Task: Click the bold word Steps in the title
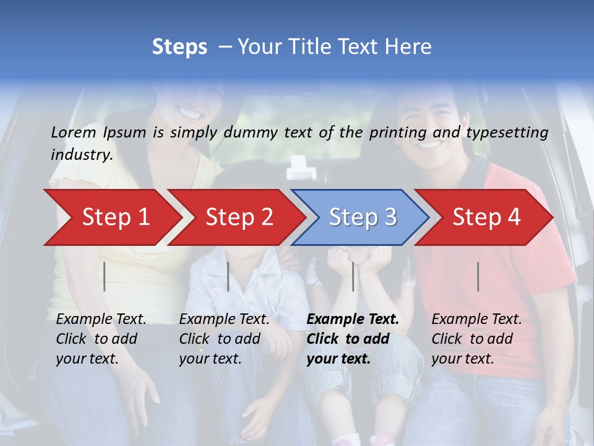(179, 47)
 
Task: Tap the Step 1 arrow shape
(115, 217)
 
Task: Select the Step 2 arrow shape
(239, 217)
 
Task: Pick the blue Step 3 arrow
(363, 217)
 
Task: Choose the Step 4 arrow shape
(486, 217)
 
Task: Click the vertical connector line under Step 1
(105, 276)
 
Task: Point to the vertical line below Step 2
(228, 276)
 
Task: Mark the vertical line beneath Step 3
(353, 276)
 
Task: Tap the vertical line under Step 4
(478, 276)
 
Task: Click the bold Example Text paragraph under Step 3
(353, 339)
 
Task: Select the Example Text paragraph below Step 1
(101, 339)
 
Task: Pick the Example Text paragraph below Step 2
(224, 339)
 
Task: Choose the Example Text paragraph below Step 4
(476, 339)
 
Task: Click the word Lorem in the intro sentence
(73, 133)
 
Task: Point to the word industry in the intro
(82, 155)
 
